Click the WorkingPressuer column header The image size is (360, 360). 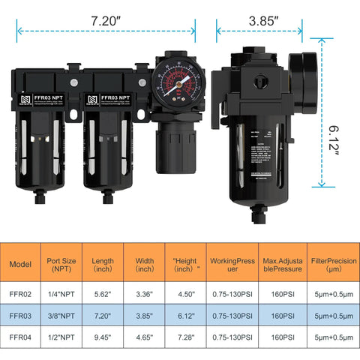[235, 264]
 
